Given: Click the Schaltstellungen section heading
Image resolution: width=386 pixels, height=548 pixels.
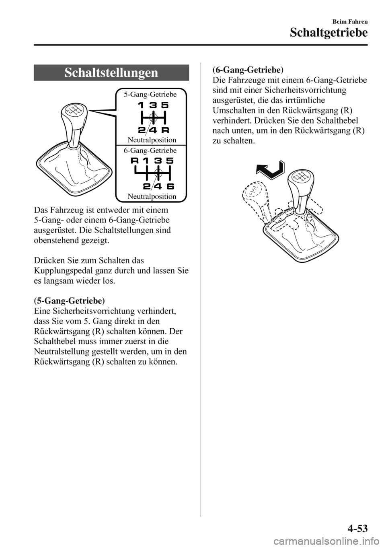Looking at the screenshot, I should click(x=111, y=73).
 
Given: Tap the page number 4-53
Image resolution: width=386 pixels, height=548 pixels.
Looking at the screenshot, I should click(x=354, y=527).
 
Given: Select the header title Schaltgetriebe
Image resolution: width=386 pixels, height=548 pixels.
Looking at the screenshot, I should click(x=327, y=33).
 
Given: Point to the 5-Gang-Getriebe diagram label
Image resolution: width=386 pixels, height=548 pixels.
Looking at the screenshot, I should click(x=150, y=95).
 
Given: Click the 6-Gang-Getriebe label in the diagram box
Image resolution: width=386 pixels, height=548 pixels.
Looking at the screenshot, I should click(x=150, y=150).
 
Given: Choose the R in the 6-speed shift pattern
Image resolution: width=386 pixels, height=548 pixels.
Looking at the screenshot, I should click(x=135, y=161).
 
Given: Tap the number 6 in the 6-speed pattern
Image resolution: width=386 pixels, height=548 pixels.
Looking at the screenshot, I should click(x=170, y=186).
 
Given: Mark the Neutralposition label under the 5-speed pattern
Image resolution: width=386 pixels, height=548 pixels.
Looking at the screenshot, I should click(x=152, y=140).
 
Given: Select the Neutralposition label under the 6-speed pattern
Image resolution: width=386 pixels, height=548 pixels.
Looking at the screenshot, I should click(x=152, y=196).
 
